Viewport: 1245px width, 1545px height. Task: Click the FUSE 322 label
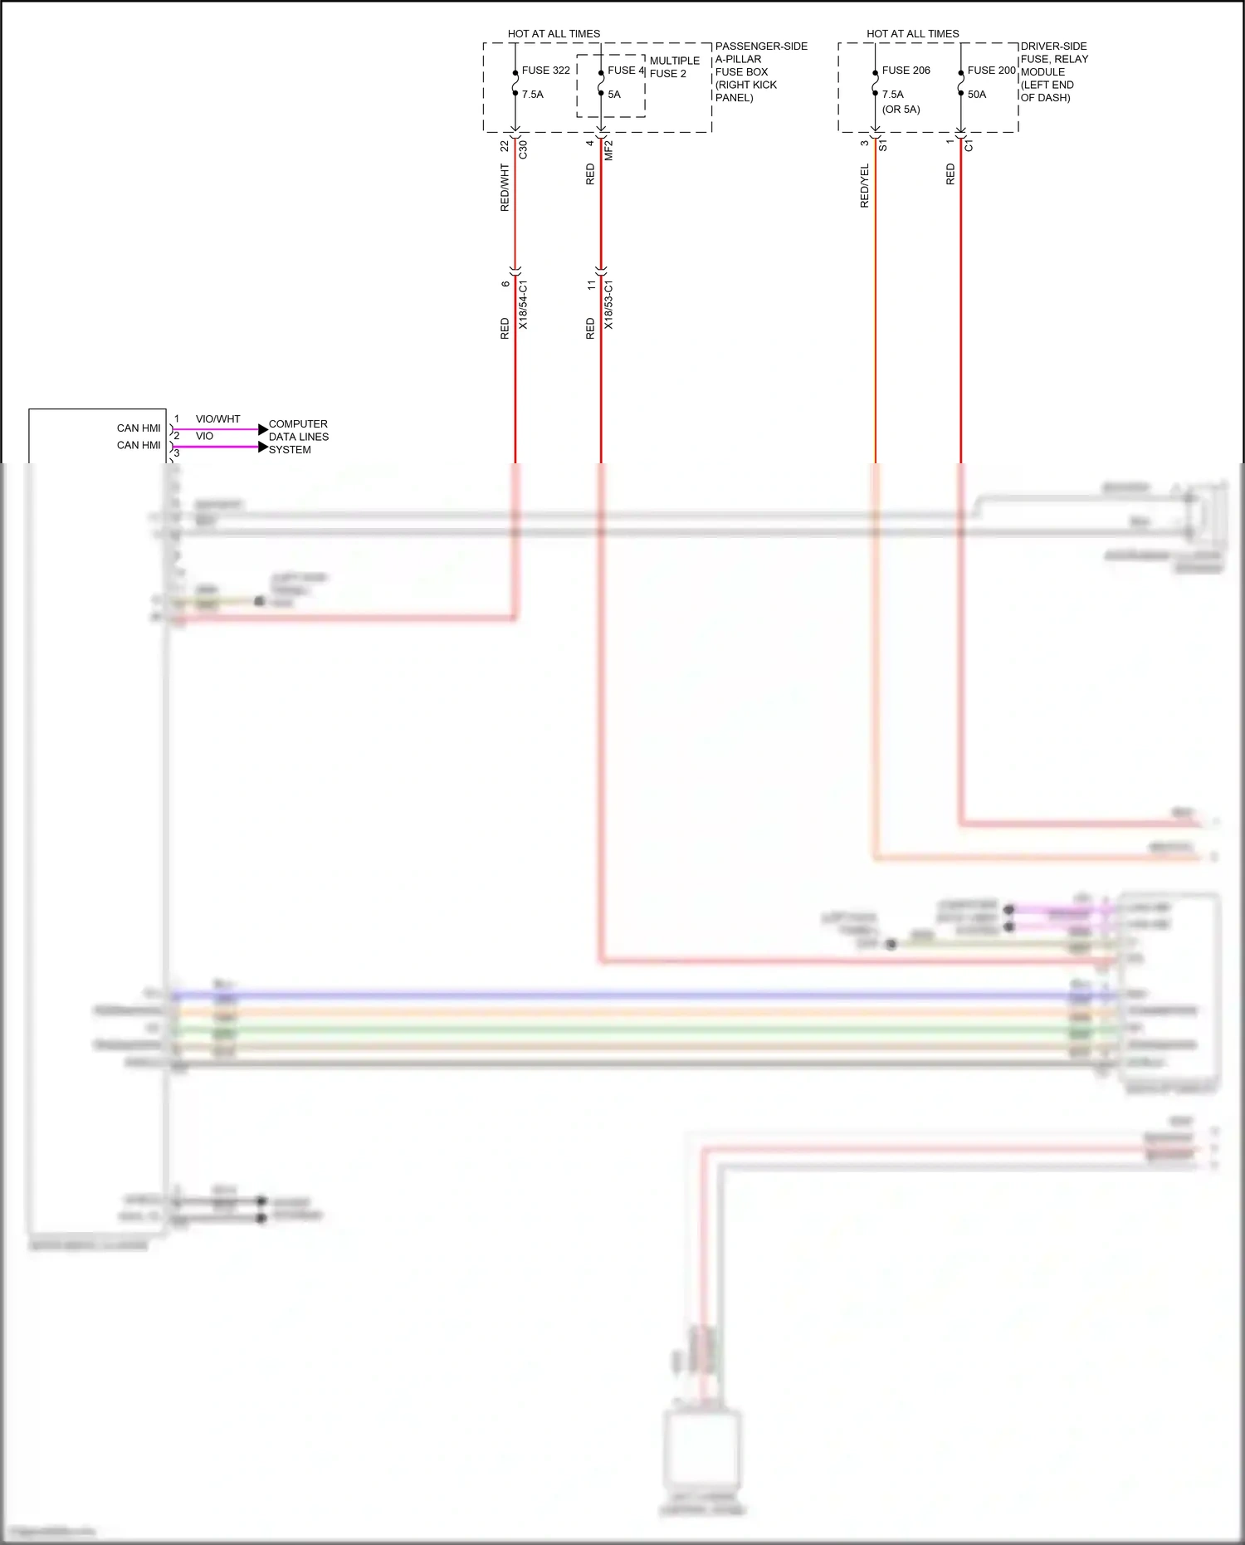point(545,71)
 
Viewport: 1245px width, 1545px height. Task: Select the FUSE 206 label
point(906,71)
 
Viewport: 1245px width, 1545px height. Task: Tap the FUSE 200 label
point(991,71)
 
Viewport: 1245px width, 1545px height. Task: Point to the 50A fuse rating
point(977,95)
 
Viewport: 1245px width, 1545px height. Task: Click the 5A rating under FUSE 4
point(614,95)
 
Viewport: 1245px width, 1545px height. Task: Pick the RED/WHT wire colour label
point(505,188)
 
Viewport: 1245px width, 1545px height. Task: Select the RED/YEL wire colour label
point(865,186)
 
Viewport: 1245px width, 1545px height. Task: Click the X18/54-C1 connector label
point(523,305)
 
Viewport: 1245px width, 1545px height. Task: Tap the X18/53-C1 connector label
point(608,305)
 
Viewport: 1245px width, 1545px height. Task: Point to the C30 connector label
point(523,150)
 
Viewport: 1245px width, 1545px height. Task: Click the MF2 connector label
point(608,150)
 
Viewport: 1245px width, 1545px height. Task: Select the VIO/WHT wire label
point(217,419)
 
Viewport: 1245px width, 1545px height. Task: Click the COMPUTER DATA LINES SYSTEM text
point(298,437)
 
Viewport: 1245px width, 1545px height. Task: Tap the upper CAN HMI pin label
point(139,428)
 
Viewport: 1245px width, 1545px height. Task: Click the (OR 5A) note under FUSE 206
point(901,110)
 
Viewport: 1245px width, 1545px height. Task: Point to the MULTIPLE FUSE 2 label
point(674,67)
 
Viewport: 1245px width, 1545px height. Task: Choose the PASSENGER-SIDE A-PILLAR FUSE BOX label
point(760,71)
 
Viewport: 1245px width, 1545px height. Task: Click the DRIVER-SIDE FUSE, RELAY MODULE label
point(1053,71)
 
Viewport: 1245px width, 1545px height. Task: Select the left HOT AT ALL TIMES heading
point(554,34)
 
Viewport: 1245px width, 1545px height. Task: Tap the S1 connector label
point(883,145)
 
